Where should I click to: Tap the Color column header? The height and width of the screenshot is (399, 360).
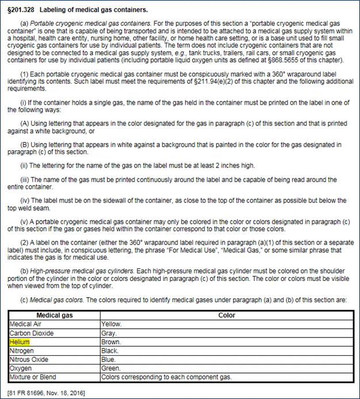(x=227, y=316)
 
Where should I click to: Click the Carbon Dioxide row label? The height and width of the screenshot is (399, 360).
(x=32, y=333)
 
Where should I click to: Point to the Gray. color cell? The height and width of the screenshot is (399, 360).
(x=109, y=333)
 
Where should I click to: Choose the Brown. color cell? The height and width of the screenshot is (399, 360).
(x=110, y=342)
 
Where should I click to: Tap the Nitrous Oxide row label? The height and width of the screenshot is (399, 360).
(x=29, y=359)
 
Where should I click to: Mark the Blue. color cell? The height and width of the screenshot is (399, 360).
(x=108, y=359)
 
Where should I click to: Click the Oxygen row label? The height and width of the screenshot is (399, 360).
(x=21, y=368)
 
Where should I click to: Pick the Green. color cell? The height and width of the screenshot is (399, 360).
(x=110, y=368)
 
